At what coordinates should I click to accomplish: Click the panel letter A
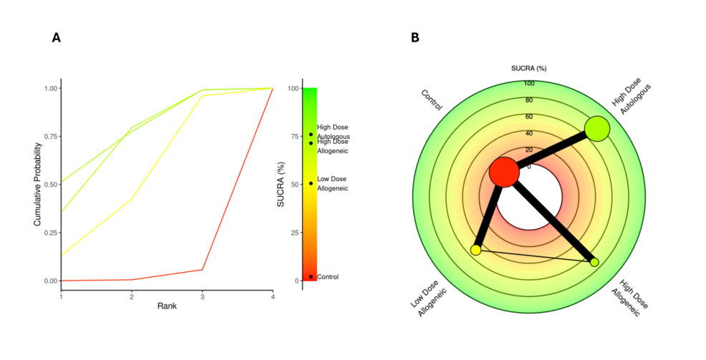click(57, 38)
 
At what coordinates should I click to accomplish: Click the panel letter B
click(415, 38)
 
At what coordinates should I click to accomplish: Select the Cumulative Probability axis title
click(38, 185)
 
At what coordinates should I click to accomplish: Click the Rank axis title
click(167, 306)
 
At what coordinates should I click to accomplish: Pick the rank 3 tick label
click(203, 295)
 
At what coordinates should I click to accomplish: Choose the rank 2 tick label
click(132, 295)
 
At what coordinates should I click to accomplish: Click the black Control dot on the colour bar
click(311, 276)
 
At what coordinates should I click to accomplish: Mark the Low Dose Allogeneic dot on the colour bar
click(311, 183)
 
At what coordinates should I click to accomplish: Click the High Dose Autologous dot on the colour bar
click(311, 134)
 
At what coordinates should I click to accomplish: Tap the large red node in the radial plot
click(504, 172)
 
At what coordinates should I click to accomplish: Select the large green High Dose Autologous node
click(596, 130)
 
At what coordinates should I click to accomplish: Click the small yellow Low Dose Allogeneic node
click(475, 250)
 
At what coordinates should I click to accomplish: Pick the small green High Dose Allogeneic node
click(594, 262)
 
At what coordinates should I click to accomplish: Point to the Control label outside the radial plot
click(432, 100)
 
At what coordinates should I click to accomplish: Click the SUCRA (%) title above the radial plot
click(529, 69)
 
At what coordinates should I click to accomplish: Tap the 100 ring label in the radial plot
click(529, 84)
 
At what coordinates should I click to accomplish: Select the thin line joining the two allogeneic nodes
click(534, 256)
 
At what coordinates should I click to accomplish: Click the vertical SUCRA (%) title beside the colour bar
click(281, 185)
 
